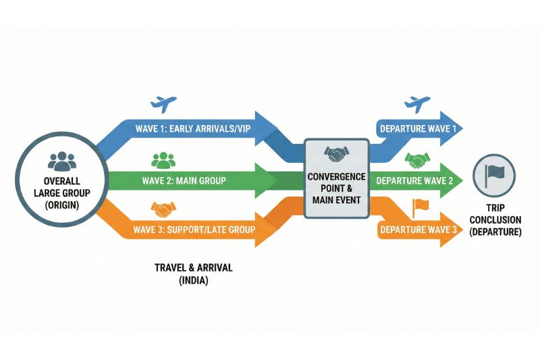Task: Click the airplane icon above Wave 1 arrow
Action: click(x=163, y=104)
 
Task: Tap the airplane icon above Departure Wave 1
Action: click(x=417, y=104)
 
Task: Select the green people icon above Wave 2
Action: click(x=163, y=160)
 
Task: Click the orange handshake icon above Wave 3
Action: click(x=164, y=209)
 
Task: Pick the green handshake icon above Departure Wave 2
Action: click(x=418, y=161)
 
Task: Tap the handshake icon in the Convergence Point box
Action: click(x=335, y=155)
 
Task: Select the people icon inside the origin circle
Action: click(x=63, y=160)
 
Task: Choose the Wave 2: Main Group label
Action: click(x=184, y=181)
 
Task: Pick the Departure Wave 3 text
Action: click(x=418, y=230)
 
